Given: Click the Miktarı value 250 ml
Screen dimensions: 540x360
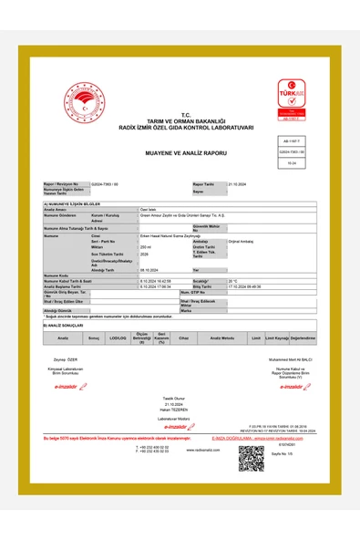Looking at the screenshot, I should (145, 246).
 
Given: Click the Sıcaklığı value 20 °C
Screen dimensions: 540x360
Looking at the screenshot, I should (233, 281).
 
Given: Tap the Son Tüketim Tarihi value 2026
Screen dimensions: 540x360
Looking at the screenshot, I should (144, 254).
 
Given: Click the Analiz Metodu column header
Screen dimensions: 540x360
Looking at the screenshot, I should (222, 337).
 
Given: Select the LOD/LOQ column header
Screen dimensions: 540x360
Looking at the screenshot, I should (117, 337).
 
